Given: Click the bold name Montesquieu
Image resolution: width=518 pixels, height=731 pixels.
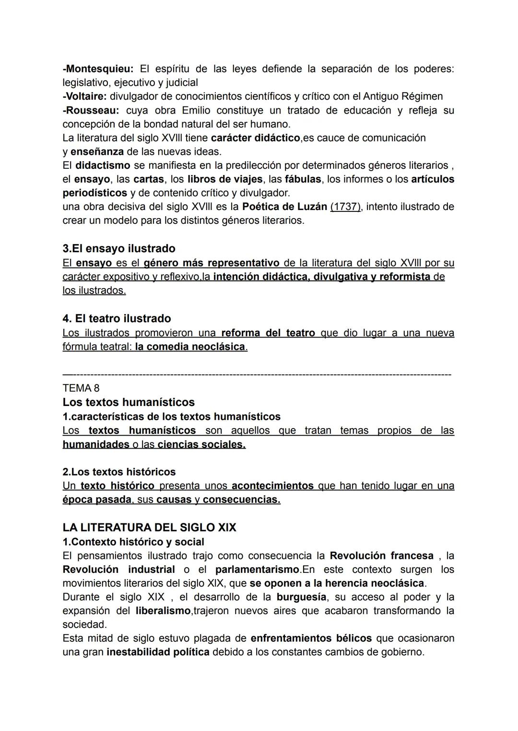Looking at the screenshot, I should pos(98,69).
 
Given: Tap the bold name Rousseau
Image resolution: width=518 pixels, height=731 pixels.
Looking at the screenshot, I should pos(91,110).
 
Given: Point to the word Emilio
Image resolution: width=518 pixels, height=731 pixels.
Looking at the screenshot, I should pos(198,110).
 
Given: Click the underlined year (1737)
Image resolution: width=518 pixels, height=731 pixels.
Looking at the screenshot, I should pos(345,207).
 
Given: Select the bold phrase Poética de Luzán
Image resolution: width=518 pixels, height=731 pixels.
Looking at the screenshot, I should pos(284,207).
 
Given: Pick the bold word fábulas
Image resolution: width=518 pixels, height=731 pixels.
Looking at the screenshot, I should pos(303,179).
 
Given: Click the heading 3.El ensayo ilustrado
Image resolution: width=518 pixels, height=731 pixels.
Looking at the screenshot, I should pos(119,248).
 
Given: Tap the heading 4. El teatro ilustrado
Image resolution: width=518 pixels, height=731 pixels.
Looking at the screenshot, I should pos(117,318).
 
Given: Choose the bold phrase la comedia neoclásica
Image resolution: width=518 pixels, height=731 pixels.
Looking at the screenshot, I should pos(190,347).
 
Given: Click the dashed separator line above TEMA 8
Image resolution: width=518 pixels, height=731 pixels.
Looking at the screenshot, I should pos(257,374).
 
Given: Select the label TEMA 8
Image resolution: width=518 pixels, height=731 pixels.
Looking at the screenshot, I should pos(81,388).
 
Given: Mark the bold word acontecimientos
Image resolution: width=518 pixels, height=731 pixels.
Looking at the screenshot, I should pos(272,486).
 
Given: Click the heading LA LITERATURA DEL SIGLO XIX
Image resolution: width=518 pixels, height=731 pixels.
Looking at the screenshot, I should pos(149,527).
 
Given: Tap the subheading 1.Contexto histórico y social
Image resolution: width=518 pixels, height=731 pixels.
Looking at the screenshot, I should pos(133,542).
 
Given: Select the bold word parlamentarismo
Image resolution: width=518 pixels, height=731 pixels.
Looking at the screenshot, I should pos(257,569).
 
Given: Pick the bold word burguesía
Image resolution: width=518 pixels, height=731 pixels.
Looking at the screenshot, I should pos(301,597).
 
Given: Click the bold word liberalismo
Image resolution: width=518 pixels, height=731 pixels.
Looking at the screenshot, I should pos(163,611).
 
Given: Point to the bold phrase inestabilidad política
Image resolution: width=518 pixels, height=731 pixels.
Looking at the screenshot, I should pos(158,652).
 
